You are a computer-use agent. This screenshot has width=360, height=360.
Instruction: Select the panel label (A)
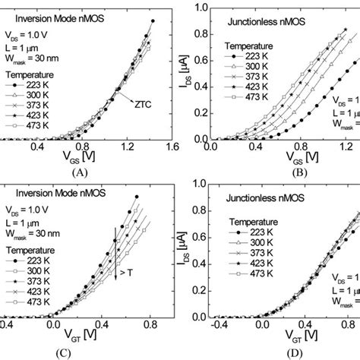pos(80,171)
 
